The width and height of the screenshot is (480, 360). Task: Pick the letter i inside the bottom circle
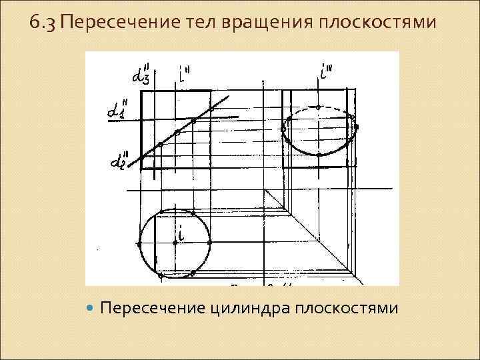(x=181, y=233)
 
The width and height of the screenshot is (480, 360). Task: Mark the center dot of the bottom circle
(x=175, y=243)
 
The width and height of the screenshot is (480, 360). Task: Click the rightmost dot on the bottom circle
(x=209, y=243)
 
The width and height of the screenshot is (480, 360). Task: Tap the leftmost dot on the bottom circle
(x=139, y=243)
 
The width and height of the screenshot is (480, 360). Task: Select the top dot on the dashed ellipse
(x=319, y=107)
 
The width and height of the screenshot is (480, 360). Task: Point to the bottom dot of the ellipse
(x=319, y=155)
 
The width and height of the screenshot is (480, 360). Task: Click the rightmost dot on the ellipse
(x=357, y=126)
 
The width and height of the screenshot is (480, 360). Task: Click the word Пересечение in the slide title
(x=101, y=25)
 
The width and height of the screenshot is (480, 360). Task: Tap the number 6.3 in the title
(x=43, y=25)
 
